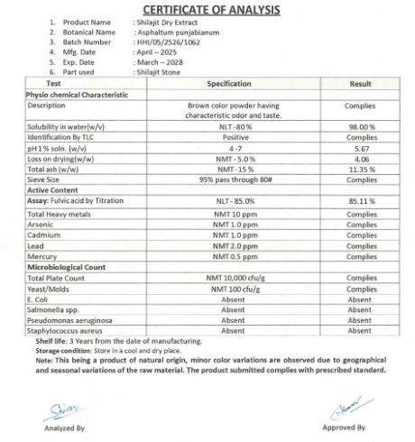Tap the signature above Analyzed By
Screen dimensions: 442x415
tap(59, 407)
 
